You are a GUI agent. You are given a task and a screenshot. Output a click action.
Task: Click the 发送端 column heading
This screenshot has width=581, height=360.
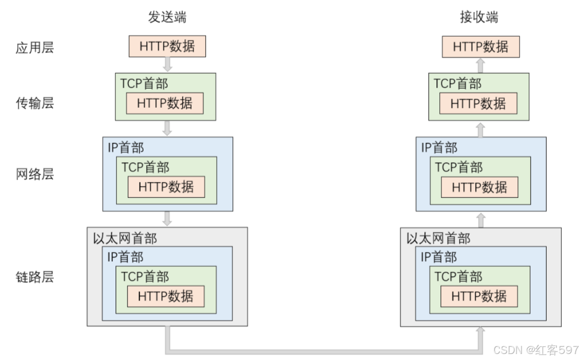(167, 17)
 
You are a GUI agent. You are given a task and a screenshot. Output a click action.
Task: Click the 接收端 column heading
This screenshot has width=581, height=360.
(479, 17)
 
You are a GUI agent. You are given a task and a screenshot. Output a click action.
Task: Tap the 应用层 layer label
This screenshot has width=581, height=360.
(35, 48)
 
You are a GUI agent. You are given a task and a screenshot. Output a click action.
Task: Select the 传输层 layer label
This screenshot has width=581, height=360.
(35, 103)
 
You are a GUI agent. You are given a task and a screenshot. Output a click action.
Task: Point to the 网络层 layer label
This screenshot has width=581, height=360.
(35, 174)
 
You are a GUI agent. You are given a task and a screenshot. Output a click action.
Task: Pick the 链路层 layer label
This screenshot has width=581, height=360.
(35, 277)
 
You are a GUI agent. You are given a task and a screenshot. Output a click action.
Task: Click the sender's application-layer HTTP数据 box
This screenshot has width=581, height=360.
(167, 47)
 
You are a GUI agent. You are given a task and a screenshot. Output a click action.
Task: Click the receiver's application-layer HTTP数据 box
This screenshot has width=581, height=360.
(480, 47)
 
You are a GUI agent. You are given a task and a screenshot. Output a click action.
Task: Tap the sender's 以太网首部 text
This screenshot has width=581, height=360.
(125, 238)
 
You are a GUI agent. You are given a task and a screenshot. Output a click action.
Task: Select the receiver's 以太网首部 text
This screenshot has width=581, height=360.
(438, 238)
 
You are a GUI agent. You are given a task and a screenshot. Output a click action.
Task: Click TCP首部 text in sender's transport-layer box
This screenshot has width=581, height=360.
(144, 83)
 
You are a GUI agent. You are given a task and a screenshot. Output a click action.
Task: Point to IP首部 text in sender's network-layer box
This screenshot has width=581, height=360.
(125, 148)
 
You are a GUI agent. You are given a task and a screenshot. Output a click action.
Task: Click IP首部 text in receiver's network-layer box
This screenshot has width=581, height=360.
(439, 148)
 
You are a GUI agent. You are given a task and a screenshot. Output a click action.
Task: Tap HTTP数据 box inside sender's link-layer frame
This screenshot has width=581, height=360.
(165, 296)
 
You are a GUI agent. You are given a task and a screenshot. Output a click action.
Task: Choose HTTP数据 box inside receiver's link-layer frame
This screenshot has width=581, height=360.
(479, 296)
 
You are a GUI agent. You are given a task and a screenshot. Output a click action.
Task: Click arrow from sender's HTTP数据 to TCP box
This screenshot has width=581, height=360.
(167, 64)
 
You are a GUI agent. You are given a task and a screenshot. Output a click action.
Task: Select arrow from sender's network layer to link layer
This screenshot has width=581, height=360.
(167, 219)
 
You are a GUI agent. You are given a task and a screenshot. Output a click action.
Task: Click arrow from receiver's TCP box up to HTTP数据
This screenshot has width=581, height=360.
(480, 65)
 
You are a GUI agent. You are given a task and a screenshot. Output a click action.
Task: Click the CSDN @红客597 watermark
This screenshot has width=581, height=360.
(536, 349)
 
